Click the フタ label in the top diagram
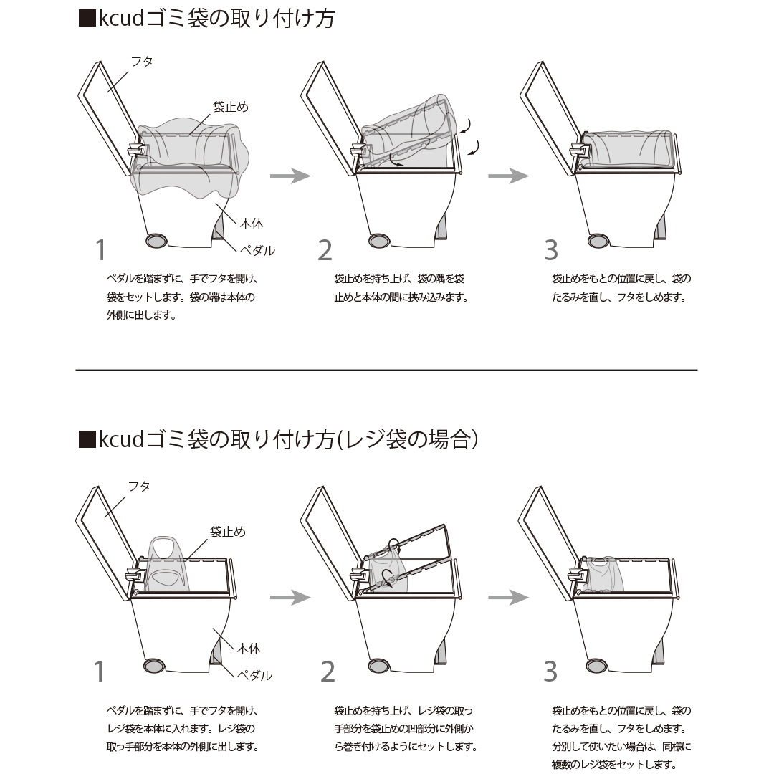pos(142,62)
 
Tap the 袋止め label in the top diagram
pos(231,107)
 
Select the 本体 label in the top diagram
pos(252,224)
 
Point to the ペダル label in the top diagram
pos(257,250)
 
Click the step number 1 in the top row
pos(101,250)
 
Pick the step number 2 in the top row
pos(325,250)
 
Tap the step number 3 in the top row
pos(551,250)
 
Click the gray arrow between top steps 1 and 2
pos(290,176)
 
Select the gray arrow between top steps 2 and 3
pos(508,176)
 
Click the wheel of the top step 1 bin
pos(156,241)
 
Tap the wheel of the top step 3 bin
pos(598,241)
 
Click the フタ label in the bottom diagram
pos(139,486)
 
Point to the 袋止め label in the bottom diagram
pos(228,532)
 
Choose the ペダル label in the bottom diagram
pos(254,675)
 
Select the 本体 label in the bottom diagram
pos(248,649)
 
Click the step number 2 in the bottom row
pos(328,672)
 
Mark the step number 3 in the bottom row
pos(550,672)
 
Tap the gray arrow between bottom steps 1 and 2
pos(290,597)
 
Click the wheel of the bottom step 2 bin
pos(378,665)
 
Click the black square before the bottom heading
pos(87,439)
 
